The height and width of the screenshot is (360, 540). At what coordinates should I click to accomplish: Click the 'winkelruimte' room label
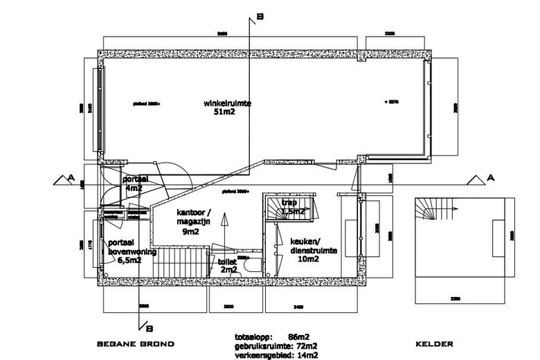point(227,103)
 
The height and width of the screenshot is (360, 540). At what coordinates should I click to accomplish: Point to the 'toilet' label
point(227,263)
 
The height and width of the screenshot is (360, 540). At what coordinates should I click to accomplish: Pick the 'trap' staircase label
point(289,202)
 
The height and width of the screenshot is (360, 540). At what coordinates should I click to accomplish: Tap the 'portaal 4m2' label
point(133,183)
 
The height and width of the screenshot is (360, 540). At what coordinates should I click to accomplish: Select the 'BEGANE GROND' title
point(135,344)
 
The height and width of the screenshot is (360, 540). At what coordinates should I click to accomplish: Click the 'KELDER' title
point(434,344)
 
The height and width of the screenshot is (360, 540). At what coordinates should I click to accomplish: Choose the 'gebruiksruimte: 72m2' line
point(276,346)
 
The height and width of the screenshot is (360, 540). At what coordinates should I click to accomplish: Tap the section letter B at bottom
point(148,329)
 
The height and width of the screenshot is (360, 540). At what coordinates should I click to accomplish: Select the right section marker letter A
point(491,178)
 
